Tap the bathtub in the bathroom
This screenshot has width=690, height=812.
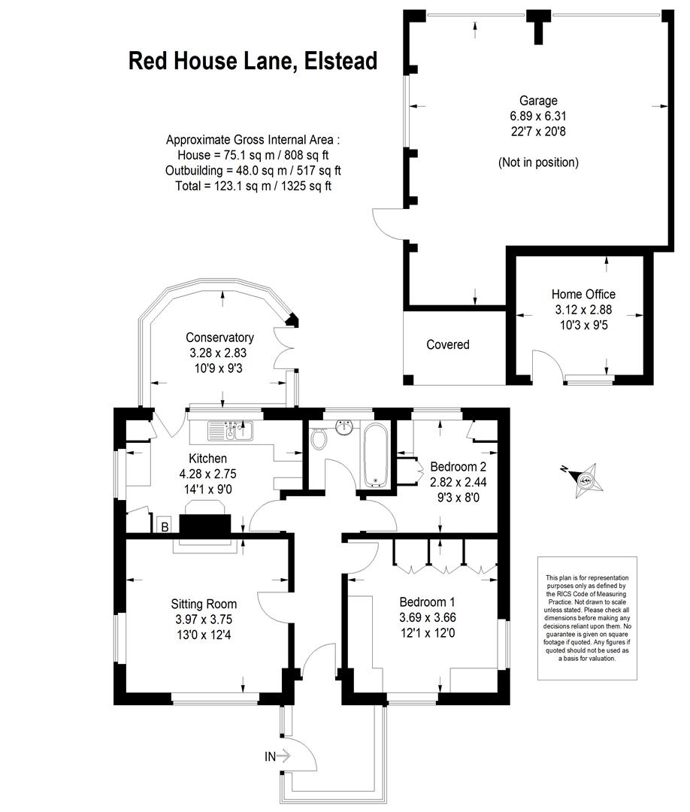click(x=375, y=456)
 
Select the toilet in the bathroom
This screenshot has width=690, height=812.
click(x=319, y=439)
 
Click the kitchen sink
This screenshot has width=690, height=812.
click(x=230, y=431)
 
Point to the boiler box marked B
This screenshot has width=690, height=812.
click(x=165, y=526)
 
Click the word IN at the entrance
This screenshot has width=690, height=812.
click(x=270, y=756)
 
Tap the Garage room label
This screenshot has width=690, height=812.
click(x=538, y=101)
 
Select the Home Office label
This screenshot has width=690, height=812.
click(x=583, y=294)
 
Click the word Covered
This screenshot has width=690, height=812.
click(x=448, y=344)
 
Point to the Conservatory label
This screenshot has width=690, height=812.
click(x=219, y=338)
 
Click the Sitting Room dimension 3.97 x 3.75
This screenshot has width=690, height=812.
click(x=204, y=620)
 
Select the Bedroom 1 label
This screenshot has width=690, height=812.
click(x=427, y=601)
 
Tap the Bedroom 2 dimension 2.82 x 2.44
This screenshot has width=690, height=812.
click(x=458, y=482)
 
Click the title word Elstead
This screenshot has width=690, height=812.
click(x=340, y=61)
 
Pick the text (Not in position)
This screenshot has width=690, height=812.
click(x=538, y=162)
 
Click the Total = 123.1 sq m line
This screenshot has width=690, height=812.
click(x=253, y=186)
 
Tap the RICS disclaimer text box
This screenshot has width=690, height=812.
click(x=587, y=618)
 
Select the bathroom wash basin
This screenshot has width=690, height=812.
click(x=345, y=428)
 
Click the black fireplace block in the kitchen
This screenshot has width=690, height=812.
click(x=205, y=525)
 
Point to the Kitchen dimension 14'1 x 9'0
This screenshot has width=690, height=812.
click(x=207, y=489)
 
